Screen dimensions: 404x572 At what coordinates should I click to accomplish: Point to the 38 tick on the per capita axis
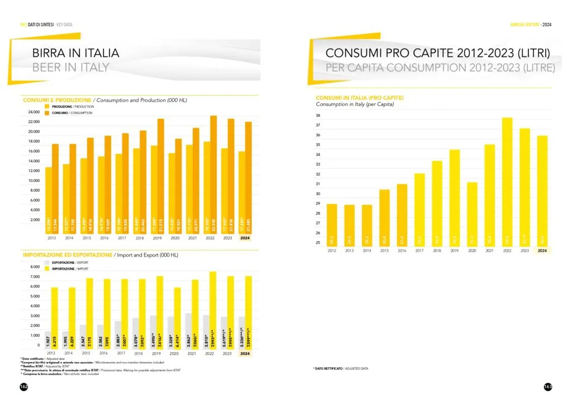click(318, 116)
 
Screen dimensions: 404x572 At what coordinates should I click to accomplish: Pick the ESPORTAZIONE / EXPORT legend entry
click(68, 261)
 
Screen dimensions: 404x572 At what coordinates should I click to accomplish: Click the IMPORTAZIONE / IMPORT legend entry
click(68, 268)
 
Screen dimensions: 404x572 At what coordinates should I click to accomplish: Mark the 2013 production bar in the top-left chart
click(49, 201)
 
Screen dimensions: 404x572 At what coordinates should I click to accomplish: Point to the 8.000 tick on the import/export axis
click(33, 267)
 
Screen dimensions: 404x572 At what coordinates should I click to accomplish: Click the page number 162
click(23, 387)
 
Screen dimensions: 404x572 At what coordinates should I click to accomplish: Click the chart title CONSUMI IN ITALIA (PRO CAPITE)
click(359, 98)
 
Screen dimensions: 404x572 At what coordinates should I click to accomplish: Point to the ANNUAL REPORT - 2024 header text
click(531, 25)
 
